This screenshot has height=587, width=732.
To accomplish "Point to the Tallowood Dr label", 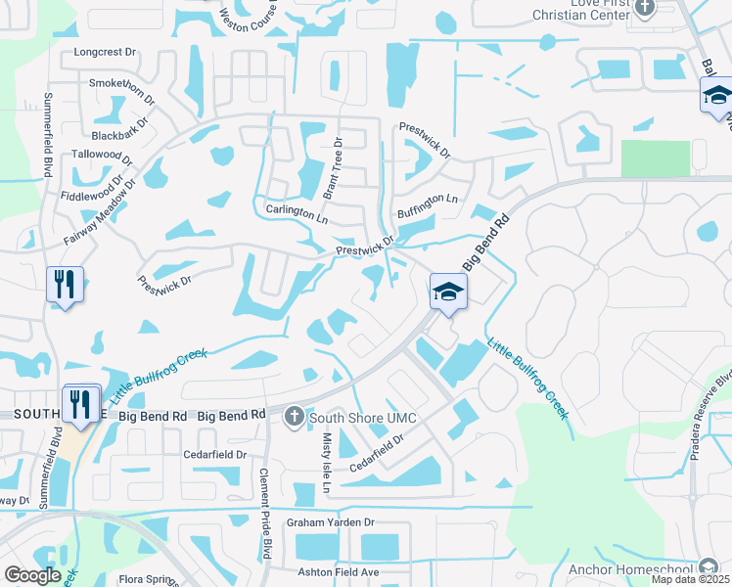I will (102, 156).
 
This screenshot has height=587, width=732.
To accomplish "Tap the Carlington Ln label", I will (297, 210).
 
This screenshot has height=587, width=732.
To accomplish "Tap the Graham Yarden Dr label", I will (331, 522).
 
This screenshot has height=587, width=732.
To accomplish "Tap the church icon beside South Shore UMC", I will (293, 418).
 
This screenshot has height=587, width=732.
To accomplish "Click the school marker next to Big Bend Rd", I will (448, 291).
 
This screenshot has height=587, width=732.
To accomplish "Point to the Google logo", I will (32, 575).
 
